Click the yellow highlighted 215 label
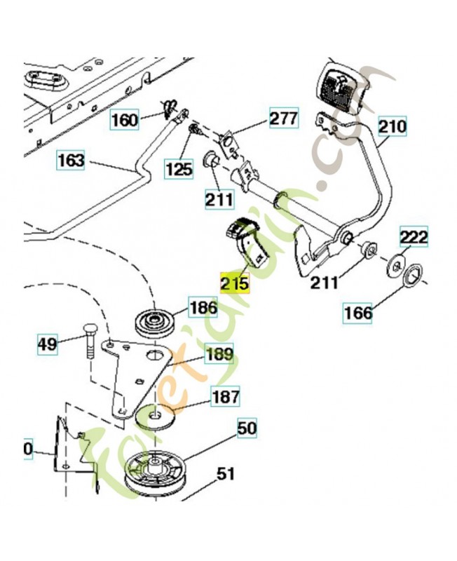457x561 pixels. pyautogui.click(x=235, y=283)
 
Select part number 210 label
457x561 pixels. pyautogui.click(x=393, y=127)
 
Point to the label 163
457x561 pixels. pyautogui.click(x=71, y=161)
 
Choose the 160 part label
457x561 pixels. pyautogui.click(x=125, y=120)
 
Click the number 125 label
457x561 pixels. pyautogui.click(x=179, y=168)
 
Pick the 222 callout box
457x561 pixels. pyautogui.click(x=414, y=237)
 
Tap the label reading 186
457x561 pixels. pyautogui.click(x=203, y=306)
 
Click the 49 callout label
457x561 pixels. pyautogui.click(x=46, y=344)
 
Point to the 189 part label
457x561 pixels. pyautogui.click(x=219, y=354)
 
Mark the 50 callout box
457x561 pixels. pyautogui.click(x=247, y=427)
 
